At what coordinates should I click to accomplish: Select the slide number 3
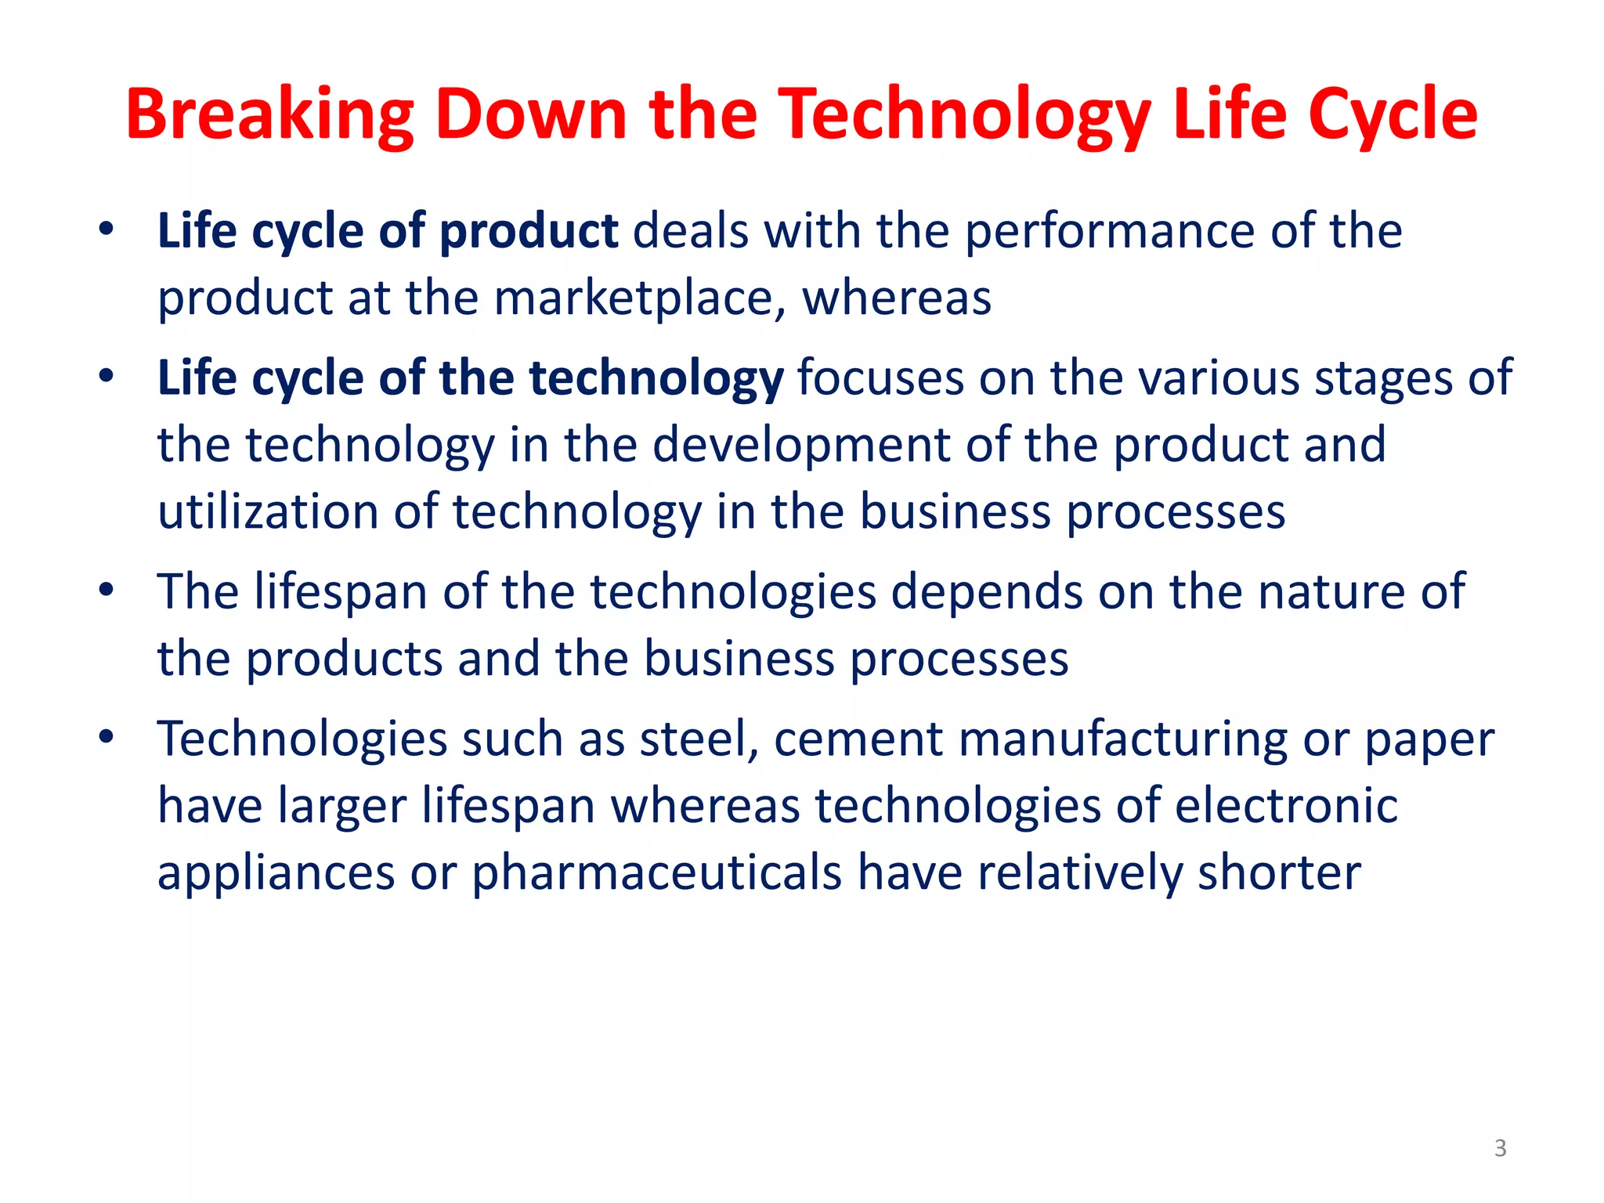click(x=1500, y=1148)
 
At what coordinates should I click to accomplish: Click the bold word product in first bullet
click(x=529, y=233)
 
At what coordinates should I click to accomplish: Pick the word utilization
click(x=268, y=512)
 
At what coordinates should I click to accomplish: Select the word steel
click(x=699, y=739)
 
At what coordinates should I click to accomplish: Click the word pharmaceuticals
click(x=656, y=873)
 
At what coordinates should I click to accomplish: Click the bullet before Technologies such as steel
click(x=107, y=736)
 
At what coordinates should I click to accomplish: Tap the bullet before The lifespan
click(x=107, y=589)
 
